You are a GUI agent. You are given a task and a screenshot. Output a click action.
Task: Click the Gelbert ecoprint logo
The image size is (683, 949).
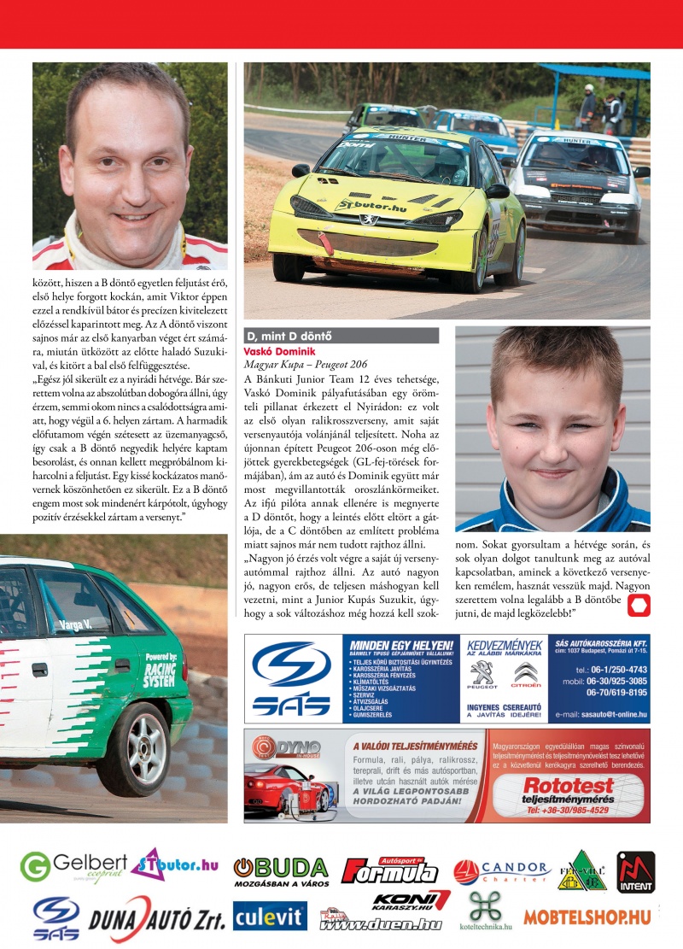pyautogui.click(x=73, y=867)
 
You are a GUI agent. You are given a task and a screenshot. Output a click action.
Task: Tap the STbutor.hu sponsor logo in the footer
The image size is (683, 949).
pyautogui.click(x=175, y=864)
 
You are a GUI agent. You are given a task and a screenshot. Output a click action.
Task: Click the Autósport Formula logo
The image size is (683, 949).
pyautogui.click(x=389, y=870)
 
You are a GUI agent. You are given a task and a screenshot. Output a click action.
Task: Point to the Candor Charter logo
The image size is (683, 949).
pyautogui.click(x=501, y=870)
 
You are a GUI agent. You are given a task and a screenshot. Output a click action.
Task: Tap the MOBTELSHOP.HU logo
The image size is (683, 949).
pyautogui.click(x=587, y=917)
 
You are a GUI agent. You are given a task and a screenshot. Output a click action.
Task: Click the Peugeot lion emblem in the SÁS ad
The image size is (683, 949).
pyautogui.click(x=482, y=675)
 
